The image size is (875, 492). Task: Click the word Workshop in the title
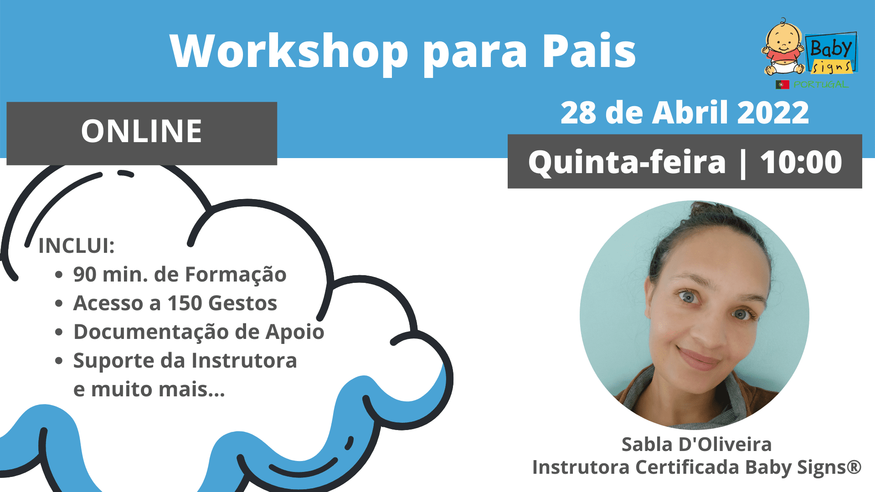pos(289,51)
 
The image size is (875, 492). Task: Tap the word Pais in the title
pos(589,51)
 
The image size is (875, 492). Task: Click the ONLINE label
pos(141,131)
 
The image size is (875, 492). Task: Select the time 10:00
pos(801,162)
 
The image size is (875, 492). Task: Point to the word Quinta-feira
pos(627,162)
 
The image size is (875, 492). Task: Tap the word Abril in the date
pos(690,113)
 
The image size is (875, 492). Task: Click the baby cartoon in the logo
pos(783,47)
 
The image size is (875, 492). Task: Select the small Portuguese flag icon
pos(782,84)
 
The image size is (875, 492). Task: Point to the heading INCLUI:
pos(76,246)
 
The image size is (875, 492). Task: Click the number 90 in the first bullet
pos(85,275)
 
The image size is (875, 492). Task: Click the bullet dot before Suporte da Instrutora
pos(59,361)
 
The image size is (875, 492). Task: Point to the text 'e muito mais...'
pos(149,389)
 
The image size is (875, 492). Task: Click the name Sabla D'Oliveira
pos(696,444)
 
